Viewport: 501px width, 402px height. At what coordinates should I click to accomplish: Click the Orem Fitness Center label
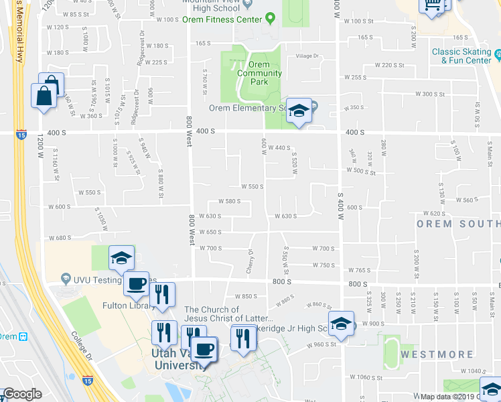coord(222,19)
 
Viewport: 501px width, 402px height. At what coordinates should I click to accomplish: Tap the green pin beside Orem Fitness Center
coord(270,18)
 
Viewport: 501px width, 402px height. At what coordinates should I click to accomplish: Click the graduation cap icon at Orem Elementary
coord(299,111)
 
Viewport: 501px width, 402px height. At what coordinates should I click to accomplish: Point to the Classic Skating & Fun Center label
coord(461,56)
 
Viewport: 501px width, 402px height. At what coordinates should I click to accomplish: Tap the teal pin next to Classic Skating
coord(497,52)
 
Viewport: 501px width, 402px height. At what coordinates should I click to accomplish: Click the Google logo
coord(21,394)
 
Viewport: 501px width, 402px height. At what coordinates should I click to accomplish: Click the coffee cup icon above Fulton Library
coord(136,283)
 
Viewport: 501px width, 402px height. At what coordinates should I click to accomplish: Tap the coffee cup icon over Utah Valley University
coord(203,348)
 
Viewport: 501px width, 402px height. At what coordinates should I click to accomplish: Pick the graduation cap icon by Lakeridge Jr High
coord(340,324)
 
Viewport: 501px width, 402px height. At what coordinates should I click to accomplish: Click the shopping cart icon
coord(433,5)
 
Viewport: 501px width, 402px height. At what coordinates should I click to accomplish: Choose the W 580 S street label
coord(228,201)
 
